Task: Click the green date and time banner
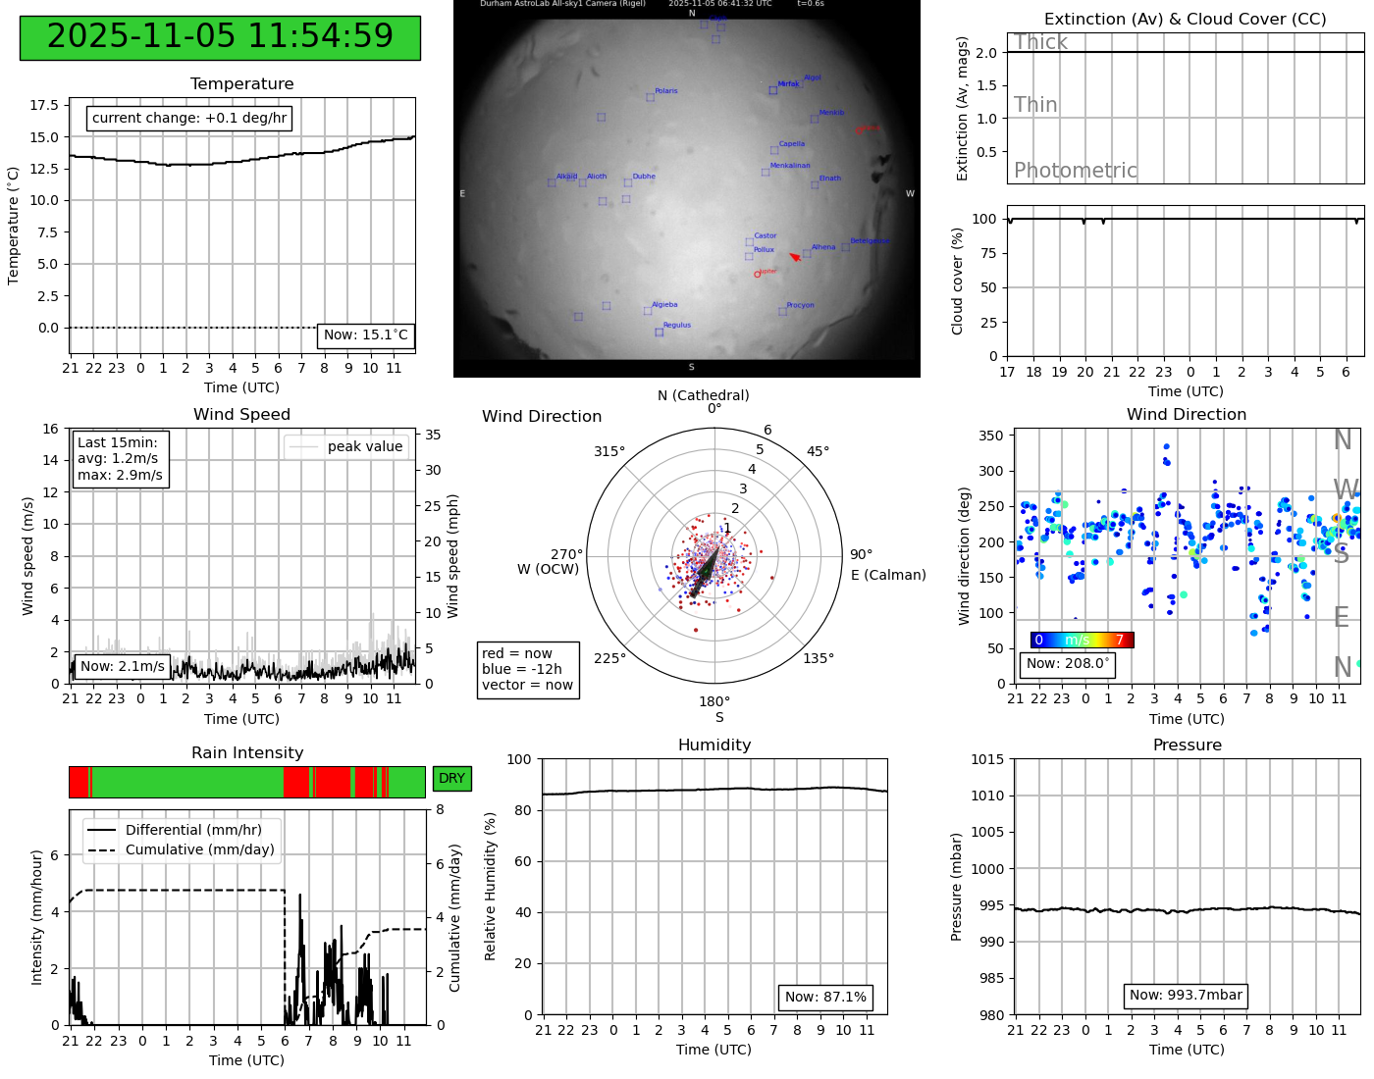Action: [x=220, y=37]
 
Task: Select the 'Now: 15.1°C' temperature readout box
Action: [x=365, y=335]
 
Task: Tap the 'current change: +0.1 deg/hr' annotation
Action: [x=189, y=119]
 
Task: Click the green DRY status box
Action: [x=451, y=779]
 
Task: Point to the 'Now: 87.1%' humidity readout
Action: [x=825, y=998]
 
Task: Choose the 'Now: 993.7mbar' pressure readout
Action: [x=1186, y=996]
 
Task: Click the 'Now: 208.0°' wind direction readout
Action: [x=1068, y=664]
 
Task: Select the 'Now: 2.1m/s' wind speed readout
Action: [x=123, y=667]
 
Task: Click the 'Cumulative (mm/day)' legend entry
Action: [x=199, y=850]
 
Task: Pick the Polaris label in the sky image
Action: [x=665, y=91]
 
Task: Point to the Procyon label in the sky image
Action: [x=800, y=306]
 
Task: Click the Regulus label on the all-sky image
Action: [x=676, y=326]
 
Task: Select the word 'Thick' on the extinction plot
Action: [x=1040, y=42]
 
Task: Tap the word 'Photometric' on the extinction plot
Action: [x=1075, y=171]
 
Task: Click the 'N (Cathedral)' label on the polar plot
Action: [x=703, y=395]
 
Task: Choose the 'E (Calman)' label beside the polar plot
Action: [x=888, y=575]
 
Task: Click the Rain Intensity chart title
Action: [x=247, y=753]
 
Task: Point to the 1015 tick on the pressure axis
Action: [x=987, y=759]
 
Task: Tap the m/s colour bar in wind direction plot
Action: [x=1082, y=641]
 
